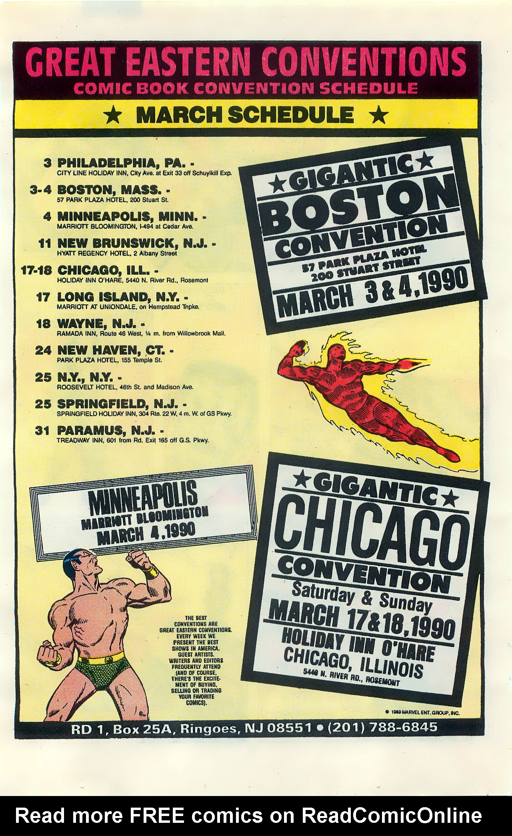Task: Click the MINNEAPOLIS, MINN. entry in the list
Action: point(127,216)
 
